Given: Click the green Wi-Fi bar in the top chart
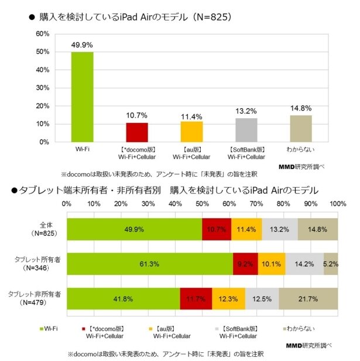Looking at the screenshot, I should point(81,97).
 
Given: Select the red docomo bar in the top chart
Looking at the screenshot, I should point(136,132).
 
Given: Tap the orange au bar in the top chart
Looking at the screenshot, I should point(191,132).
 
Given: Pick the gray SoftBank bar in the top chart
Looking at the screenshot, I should point(246,130).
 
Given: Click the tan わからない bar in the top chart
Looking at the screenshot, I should point(301,128).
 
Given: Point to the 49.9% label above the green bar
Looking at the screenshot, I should point(81,45).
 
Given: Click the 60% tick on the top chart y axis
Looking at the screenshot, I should point(42,34).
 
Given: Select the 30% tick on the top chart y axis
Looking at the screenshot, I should point(42,88).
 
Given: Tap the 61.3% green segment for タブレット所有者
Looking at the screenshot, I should point(150,264).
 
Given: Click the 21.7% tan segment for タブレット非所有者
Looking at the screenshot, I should point(308,298).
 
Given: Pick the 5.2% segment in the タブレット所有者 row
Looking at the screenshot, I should point(331,264).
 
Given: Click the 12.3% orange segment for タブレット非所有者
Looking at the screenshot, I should point(229,298).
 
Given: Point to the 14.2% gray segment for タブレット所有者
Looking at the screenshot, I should point(304,264).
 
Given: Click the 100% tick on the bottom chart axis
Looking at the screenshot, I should point(337,204).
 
